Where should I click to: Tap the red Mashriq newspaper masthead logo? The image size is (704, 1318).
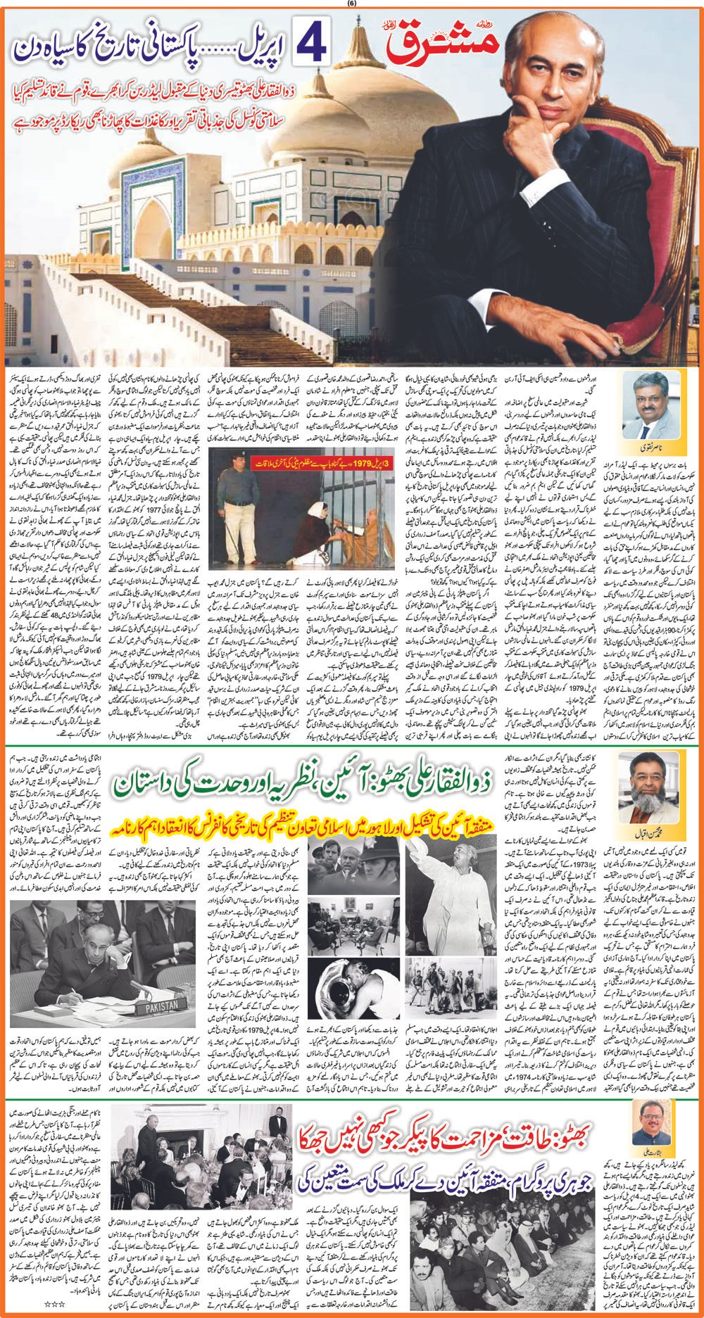[x=444, y=42]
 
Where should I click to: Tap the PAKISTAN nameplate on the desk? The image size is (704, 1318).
[x=161, y=1006]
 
